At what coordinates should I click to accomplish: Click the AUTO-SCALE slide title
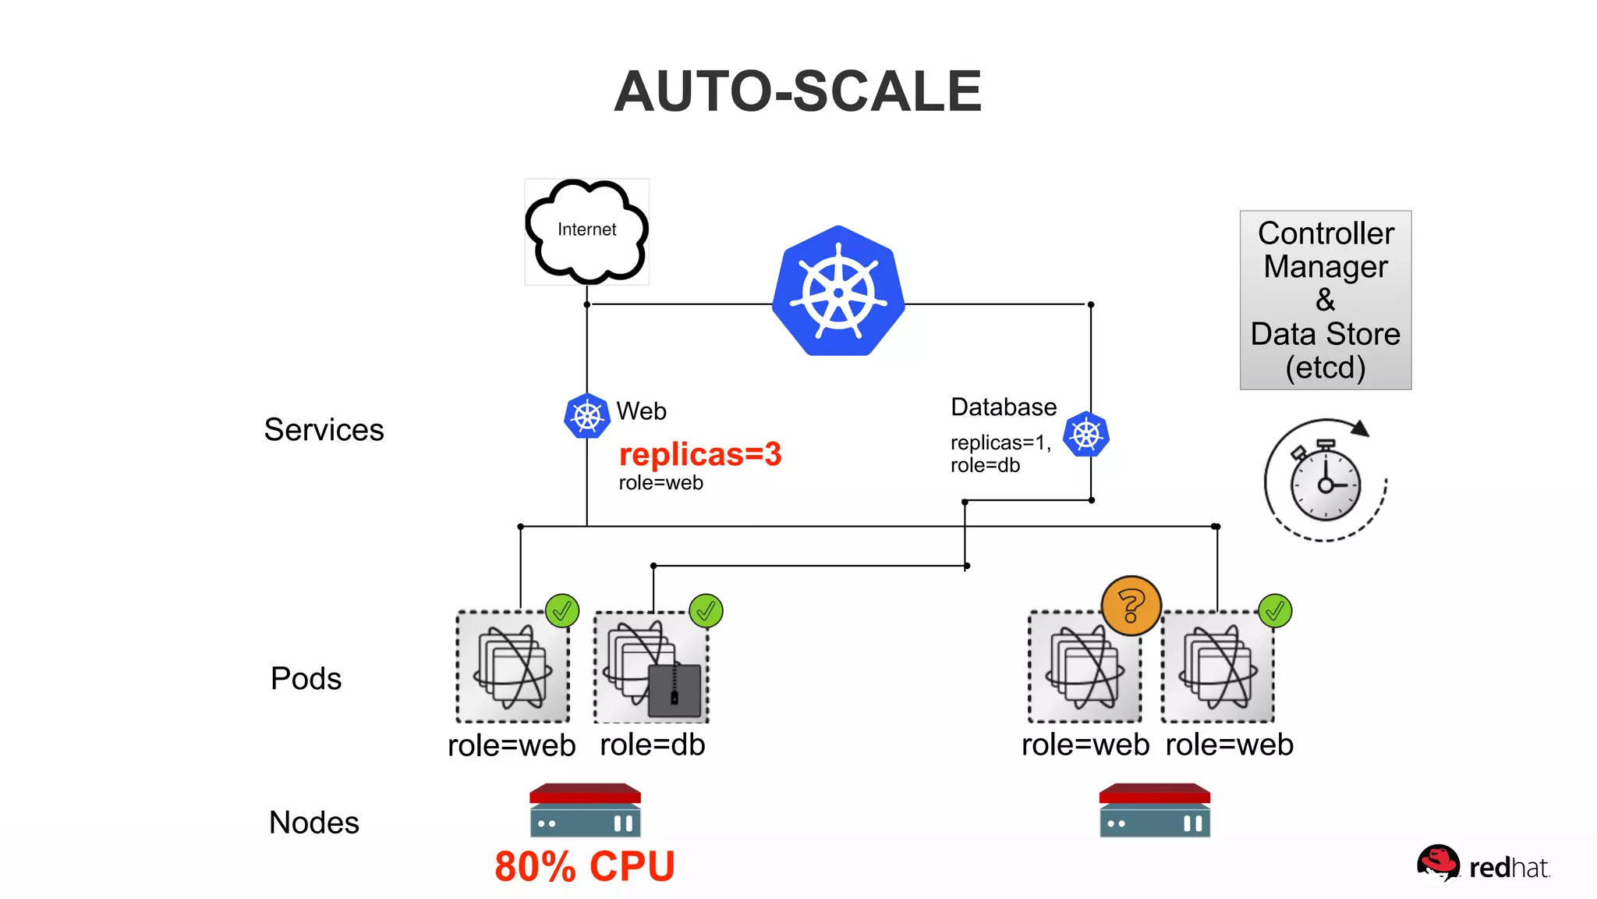pos(797,91)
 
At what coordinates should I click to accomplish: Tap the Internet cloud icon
pos(586,231)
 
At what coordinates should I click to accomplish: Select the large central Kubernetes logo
pos(838,292)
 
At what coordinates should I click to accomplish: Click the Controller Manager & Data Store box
pos(1325,300)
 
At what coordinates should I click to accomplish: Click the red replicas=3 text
pos(699,454)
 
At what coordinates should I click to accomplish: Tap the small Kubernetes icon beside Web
pos(586,416)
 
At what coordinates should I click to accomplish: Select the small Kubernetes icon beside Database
pos(1085,435)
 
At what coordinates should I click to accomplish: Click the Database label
pos(1003,407)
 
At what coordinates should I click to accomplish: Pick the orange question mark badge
pos(1131,606)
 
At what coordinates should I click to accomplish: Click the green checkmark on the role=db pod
pos(706,611)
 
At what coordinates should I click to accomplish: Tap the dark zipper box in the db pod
pos(675,690)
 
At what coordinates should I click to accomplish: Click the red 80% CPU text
pos(585,867)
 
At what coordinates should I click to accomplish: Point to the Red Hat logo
pos(1482,865)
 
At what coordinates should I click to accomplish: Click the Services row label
pos(324,430)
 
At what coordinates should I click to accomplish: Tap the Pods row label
pos(306,678)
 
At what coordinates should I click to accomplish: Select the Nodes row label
pos(313,823)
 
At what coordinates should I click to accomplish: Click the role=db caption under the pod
pos(652,745)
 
